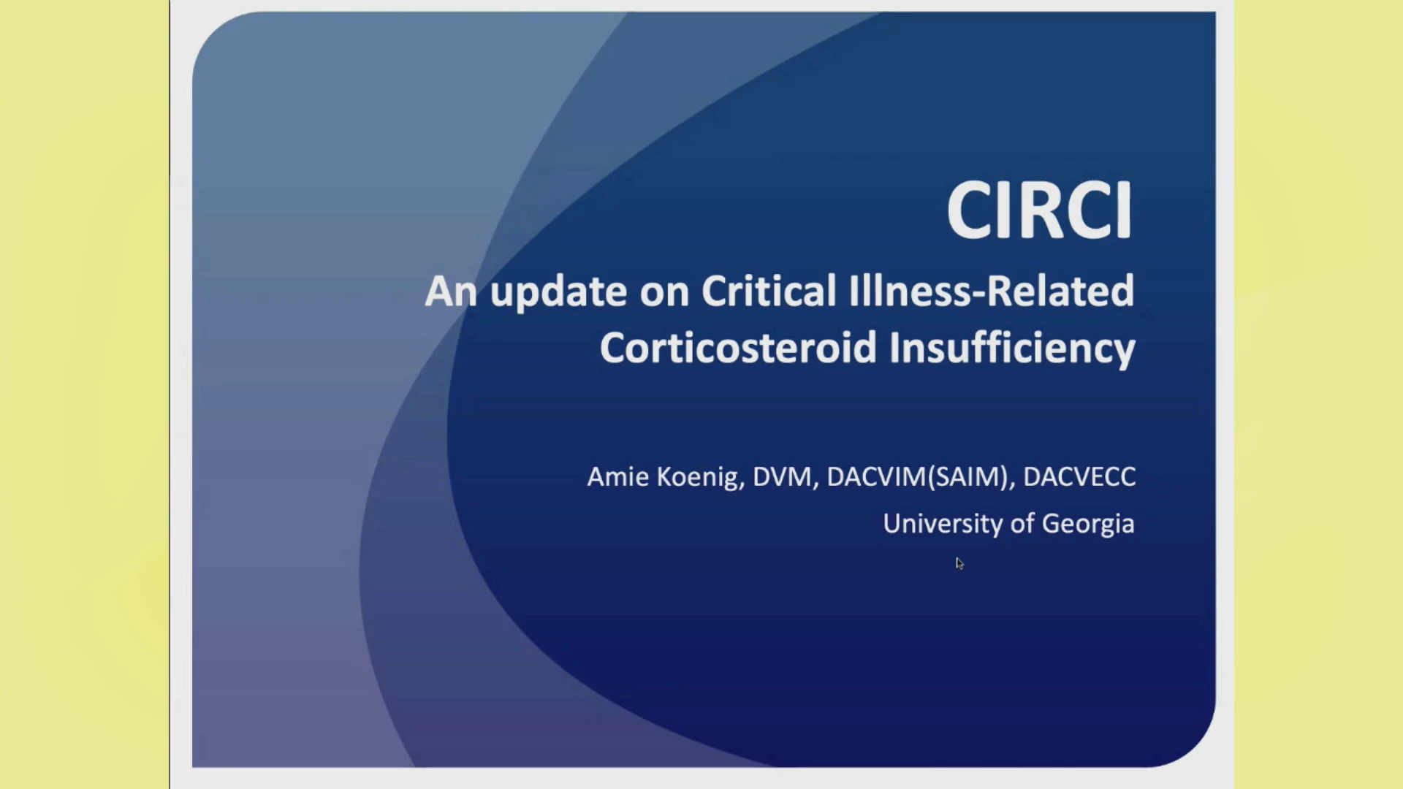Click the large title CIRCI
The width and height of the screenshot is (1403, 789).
click(1039, 210)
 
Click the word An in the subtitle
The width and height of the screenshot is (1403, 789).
click(451, 291)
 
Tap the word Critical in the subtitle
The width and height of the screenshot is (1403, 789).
click(768, 291)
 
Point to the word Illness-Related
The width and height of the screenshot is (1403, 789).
click(992, 291)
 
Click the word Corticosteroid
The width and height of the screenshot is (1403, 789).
click(738, 348)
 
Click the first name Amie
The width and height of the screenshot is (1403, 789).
click(617, 476)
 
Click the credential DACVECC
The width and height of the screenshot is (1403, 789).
click(1079, 476)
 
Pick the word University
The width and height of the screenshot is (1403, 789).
click(943, 525)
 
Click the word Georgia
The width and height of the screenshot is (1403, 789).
click(1088, 525)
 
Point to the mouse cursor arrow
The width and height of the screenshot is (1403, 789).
click(959, 563)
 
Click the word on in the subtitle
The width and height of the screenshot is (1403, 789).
click(665, 294)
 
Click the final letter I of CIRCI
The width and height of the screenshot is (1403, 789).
click(1126, 210)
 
